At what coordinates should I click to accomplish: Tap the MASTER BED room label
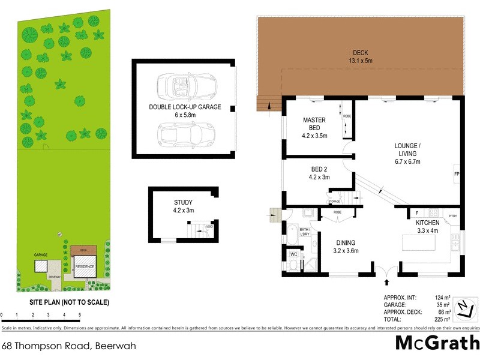click(x=314, y=123)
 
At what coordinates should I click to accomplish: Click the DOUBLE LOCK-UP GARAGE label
click(x=185, y=111)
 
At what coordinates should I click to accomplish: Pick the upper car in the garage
click(x=185, y=86)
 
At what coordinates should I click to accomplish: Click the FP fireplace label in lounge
click(x=457, y=174)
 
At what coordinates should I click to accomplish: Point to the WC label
click(x=293, y=254)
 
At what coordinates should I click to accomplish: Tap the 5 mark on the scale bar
click(x=79, y=315)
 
